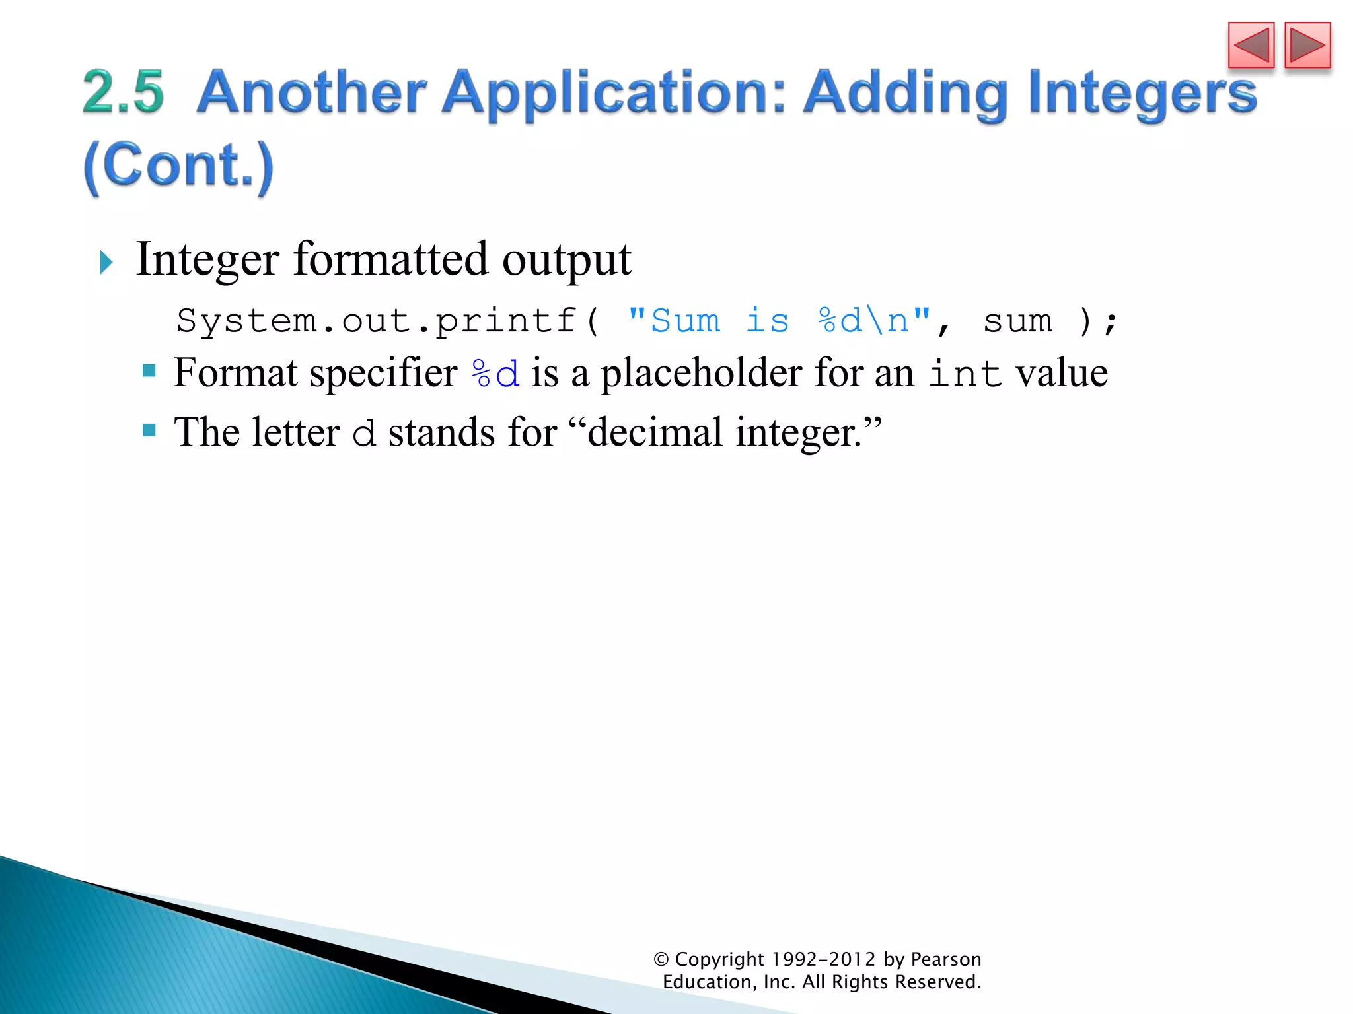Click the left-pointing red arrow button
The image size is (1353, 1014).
[x=1251, y=45]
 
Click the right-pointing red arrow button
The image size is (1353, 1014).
[x=1307, y=45]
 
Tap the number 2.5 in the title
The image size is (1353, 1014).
[x=124, y=92]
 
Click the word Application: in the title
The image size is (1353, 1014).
[x=614, y=94]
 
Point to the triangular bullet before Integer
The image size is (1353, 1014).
[x=106, y=263]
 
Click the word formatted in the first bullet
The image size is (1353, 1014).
[x=390, y=259]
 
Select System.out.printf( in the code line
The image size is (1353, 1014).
[x=388, y=321]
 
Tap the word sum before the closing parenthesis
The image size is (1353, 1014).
[x=1017, y=321]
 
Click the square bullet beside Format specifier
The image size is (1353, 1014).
[x=149, y=370]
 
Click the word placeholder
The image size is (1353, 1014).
[x=701, y=373]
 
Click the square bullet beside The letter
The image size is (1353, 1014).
[x=149, y=430]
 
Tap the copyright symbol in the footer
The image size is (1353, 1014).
[x=661, y=959]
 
